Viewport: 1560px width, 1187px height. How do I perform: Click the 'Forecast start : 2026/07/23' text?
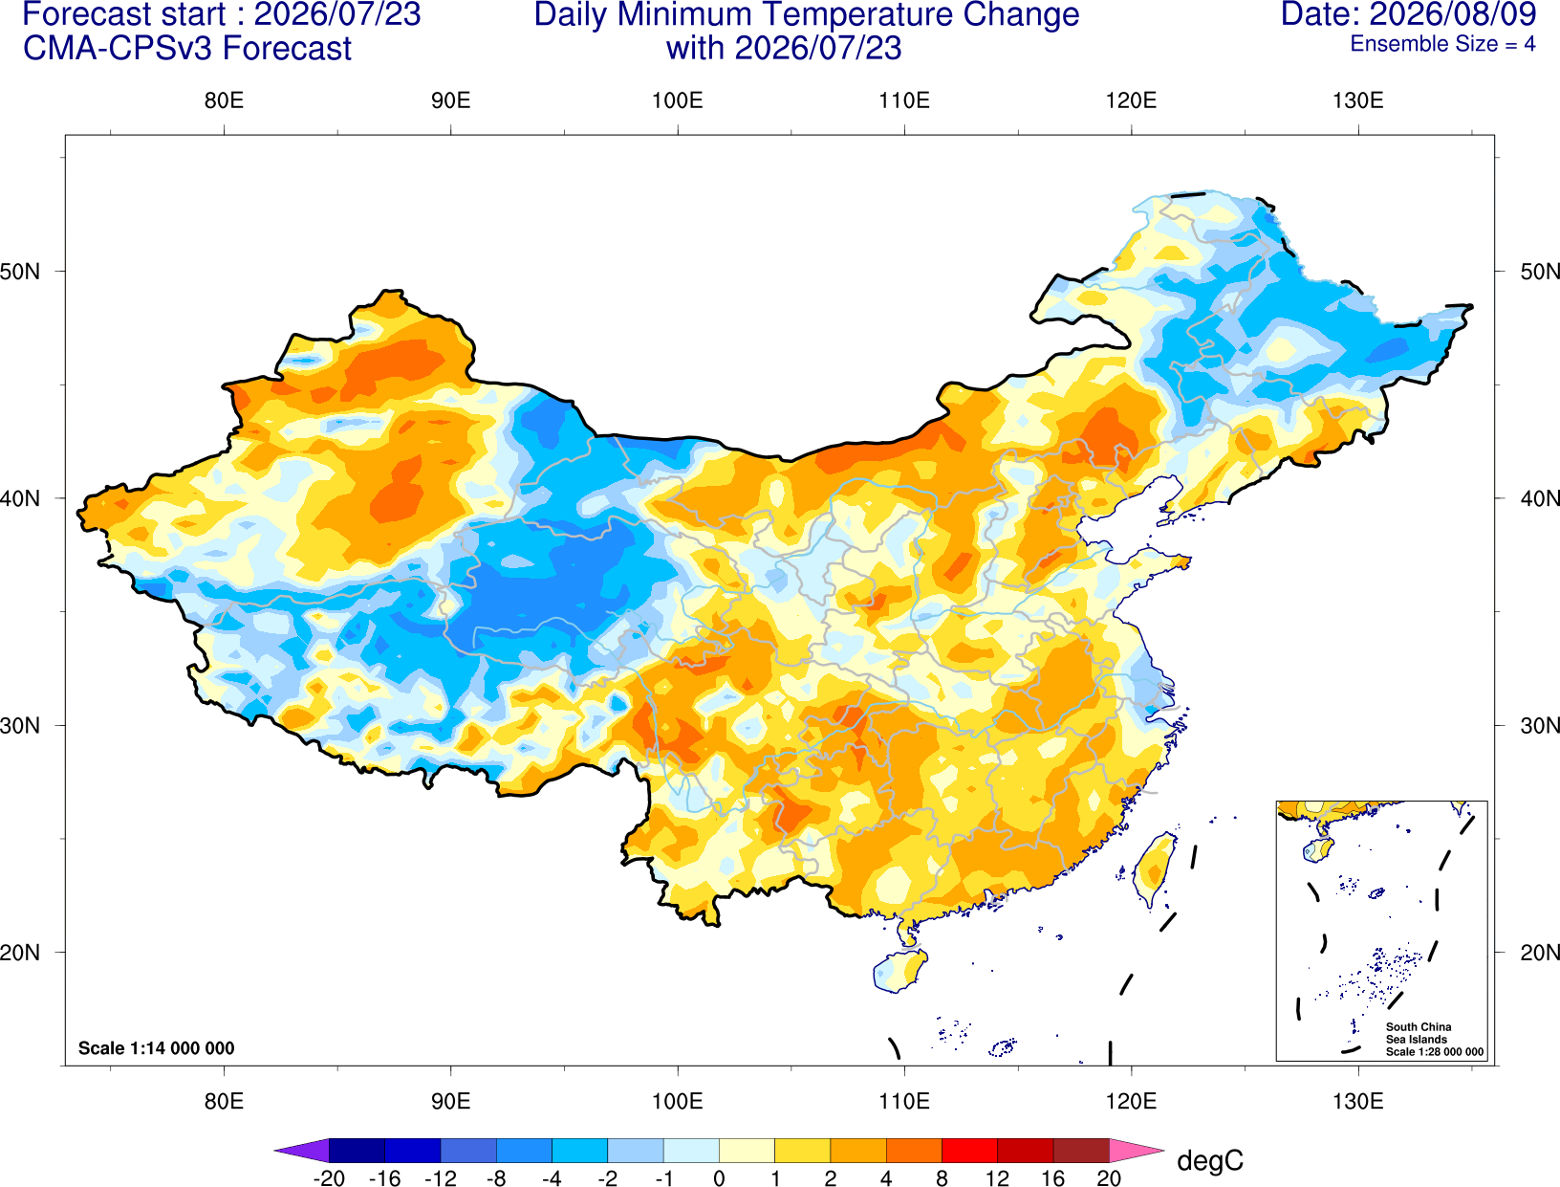point(222,14)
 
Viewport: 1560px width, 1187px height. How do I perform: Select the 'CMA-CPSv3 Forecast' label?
point(187,49)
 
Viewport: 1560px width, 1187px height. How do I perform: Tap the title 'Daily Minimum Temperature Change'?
point(807,15)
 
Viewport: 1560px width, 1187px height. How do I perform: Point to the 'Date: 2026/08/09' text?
point(1408,14)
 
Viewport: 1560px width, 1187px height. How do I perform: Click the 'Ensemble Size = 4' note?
point(1442,44)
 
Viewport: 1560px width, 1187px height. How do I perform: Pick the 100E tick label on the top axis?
point(678,100)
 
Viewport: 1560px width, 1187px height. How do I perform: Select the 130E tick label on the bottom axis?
point(1357,1102)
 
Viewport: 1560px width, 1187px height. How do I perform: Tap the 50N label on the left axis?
point(20,271)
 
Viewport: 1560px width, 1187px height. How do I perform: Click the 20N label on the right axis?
point(1539,953)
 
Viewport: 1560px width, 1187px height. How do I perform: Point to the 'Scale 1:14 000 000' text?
point(157,1048)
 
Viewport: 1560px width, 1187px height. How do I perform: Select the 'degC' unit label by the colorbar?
point(1210,1161)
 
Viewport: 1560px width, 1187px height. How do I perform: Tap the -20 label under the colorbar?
point(329,1178)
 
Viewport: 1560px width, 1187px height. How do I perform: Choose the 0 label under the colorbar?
point(719,1178)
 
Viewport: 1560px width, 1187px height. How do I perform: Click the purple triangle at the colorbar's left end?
point(301,1150)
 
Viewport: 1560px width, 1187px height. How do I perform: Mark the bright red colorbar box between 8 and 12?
point(969,1150)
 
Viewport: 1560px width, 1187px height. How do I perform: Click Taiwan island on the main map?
point(1154,869)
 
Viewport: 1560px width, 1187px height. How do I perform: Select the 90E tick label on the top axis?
point(450,100)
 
